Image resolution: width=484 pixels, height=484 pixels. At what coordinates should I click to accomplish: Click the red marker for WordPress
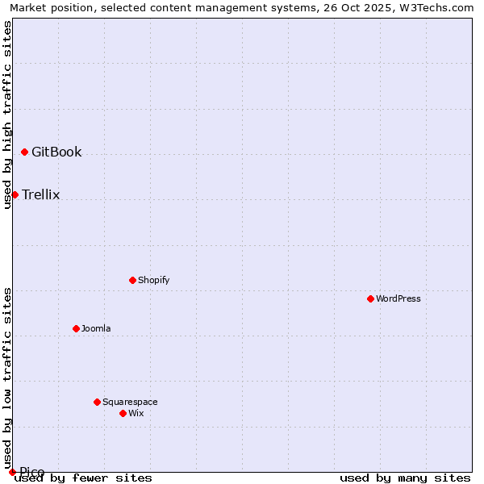(x=370, y=298)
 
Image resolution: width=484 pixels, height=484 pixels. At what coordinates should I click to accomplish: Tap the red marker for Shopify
(x=132, y=280)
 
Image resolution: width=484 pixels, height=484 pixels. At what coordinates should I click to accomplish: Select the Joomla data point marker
(x=76, y=328)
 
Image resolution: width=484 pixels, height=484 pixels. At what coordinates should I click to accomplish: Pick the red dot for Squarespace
(x=97, y=402)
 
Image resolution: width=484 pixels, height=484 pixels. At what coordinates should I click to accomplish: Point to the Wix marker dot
(x=123, y=413)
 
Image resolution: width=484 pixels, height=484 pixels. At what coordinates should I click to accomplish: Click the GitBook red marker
(x=24, y=152)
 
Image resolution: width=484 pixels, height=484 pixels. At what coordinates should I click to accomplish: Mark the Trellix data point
(x=15, y=194)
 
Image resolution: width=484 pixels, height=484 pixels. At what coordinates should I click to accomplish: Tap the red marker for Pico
(x=12, y=472)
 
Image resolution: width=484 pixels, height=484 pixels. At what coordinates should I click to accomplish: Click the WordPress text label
(x=398, y=298)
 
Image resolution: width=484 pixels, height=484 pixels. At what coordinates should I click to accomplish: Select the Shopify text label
(x=153, y=280)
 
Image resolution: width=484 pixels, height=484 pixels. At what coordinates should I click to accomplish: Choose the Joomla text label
(x=96, y=328)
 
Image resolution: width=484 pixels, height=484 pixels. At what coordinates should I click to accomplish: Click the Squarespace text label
(x=130, y=402)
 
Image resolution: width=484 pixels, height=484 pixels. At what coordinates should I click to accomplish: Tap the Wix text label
(x=136, y=413)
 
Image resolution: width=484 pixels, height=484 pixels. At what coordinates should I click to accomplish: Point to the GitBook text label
(x=56, y=152)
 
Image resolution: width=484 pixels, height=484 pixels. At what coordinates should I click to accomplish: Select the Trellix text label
(x=40, y=194)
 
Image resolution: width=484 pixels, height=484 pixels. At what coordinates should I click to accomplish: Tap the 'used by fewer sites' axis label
(x=83, y=478)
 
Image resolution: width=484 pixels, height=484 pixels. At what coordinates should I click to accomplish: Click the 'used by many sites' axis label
(x=405, y=478)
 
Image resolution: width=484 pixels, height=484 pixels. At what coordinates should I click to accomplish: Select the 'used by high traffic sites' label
(x=7, y=115)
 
